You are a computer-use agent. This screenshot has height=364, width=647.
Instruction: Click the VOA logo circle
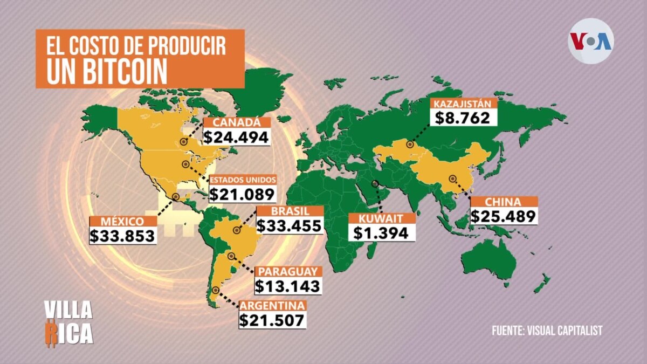point(591,41)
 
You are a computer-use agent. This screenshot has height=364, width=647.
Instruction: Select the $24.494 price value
point(236,137)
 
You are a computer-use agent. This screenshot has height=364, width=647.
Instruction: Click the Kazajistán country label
point(463,104)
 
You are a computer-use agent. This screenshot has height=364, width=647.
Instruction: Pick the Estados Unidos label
point(243,180)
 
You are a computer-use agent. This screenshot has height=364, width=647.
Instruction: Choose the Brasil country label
point(290,211)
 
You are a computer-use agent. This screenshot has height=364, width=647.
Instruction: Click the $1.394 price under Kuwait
point(382,233)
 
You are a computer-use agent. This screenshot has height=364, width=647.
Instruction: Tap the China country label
point(503,202)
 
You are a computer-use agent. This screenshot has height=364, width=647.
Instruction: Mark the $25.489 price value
point(503,216)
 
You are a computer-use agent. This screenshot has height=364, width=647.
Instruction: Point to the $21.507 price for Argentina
point(273,320)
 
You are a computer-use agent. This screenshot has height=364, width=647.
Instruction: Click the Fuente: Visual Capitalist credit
point(547,331)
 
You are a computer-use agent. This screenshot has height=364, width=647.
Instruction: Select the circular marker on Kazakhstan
point(409,145)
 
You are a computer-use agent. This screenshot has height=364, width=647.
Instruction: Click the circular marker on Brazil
point(236,230)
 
